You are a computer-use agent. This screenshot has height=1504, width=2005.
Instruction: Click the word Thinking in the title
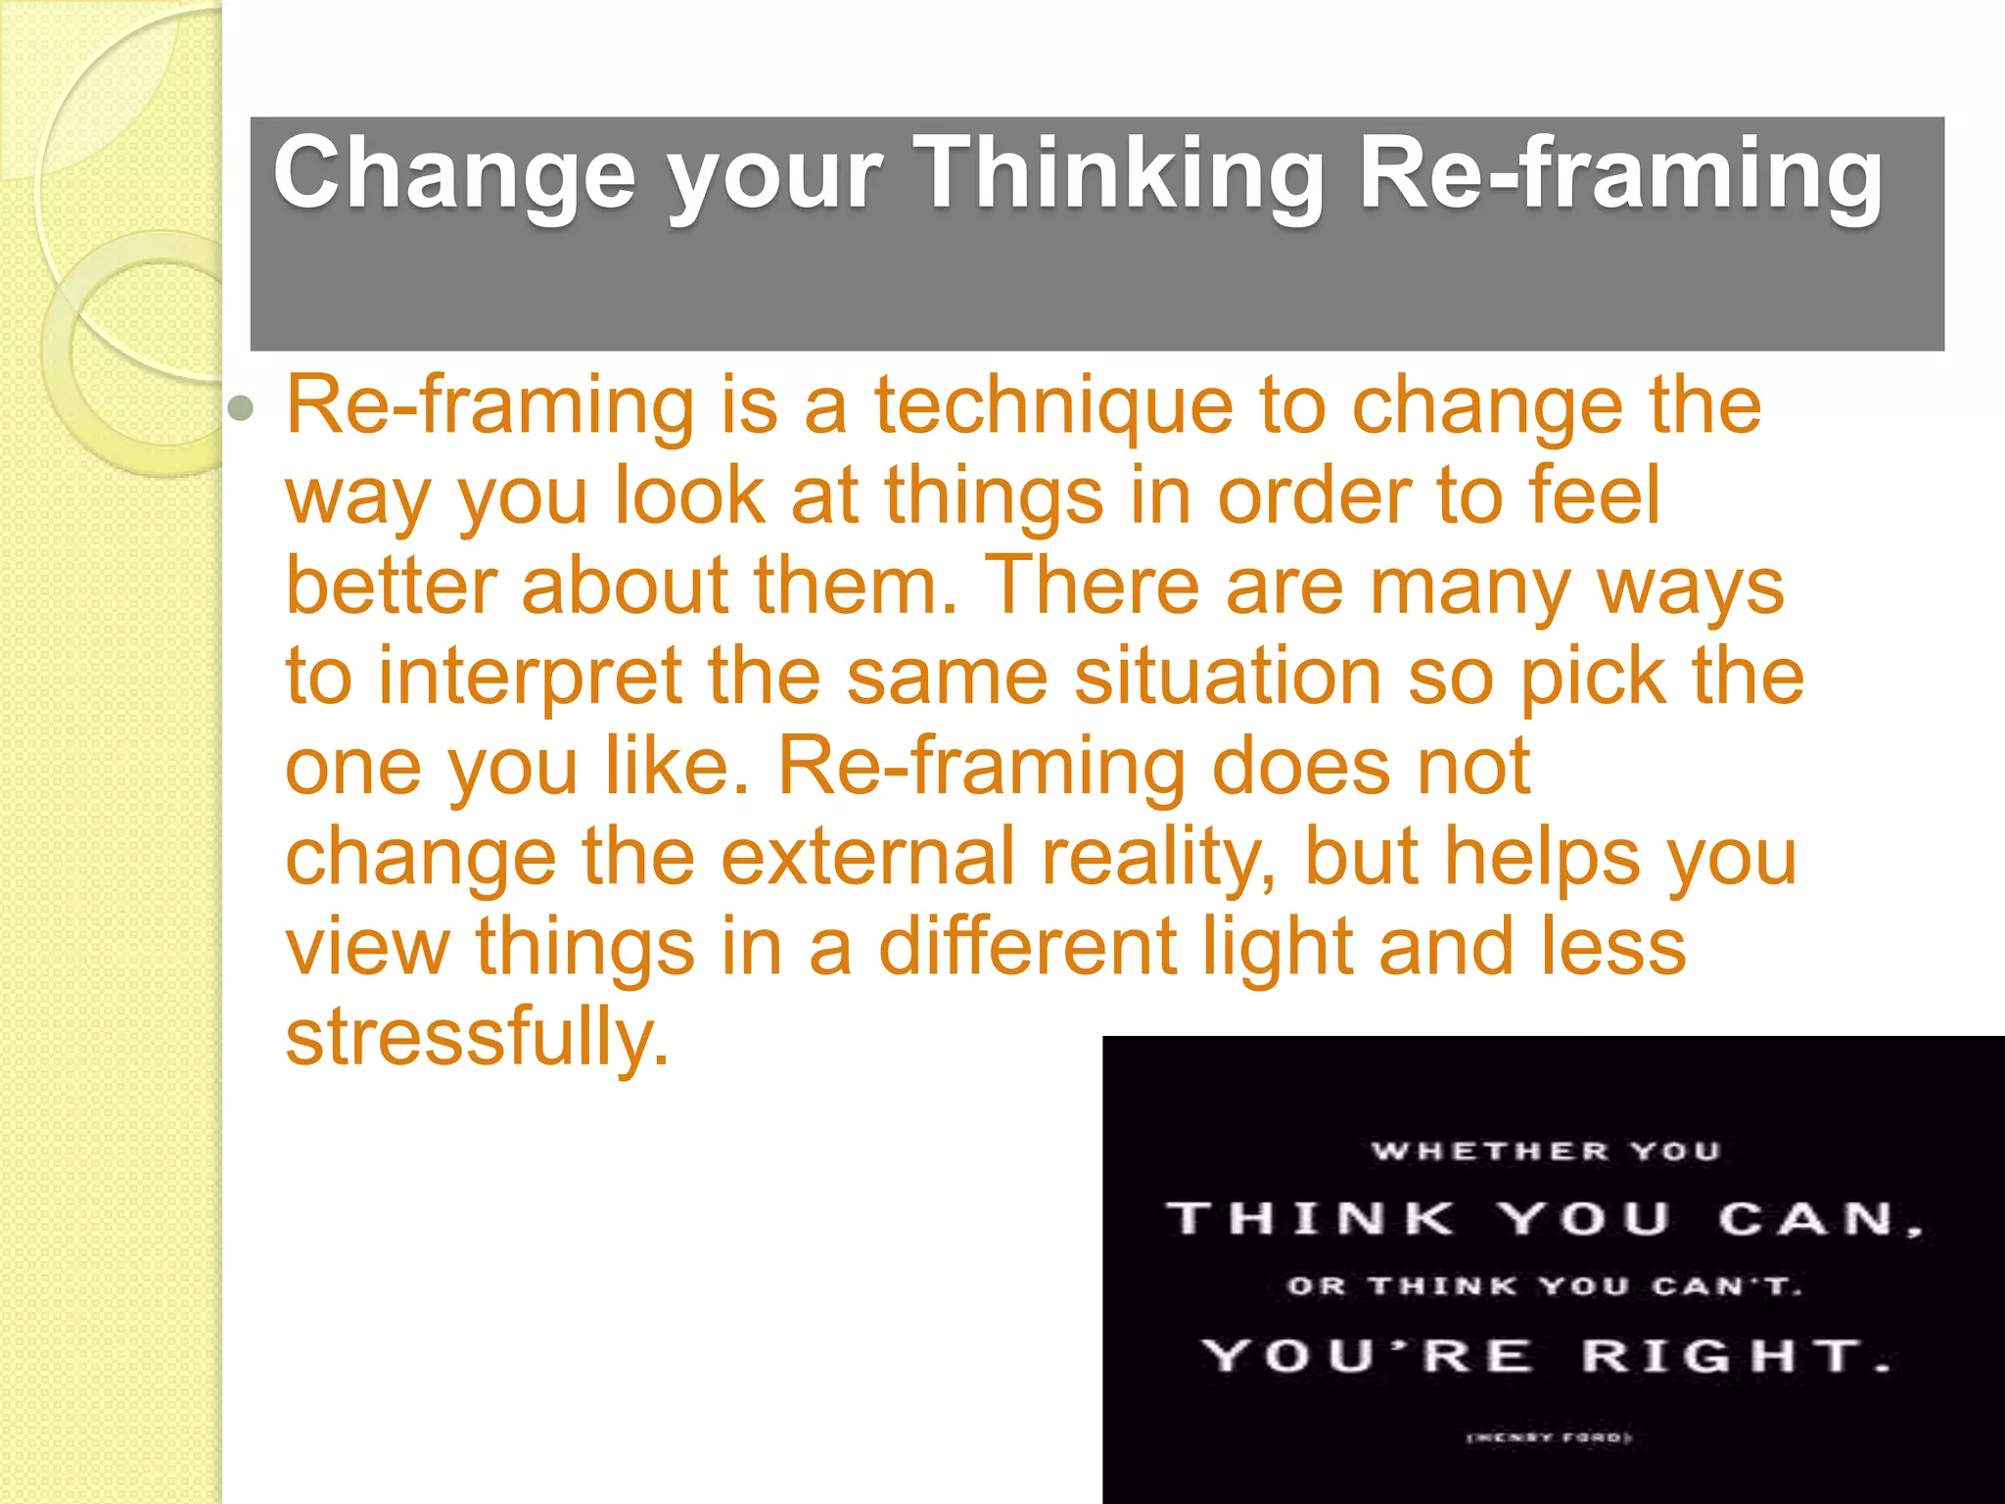click(1122, 174)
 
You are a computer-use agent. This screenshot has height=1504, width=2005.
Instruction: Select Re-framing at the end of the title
click(1619, 174)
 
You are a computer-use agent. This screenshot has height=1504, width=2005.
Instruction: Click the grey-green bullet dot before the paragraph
click(240, 408)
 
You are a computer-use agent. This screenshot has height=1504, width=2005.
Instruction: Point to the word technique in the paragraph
click(1053, 406)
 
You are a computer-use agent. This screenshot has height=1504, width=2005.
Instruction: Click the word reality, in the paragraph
click(1159, 857)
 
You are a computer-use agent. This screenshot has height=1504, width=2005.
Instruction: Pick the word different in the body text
click(1028, 947)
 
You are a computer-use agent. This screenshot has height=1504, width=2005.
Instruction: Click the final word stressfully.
click(478, 1038)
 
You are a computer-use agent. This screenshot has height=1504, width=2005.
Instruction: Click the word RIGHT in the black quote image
click(1723, 1356)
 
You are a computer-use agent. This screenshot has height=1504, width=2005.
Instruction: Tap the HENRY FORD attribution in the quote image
click(1550, 1438)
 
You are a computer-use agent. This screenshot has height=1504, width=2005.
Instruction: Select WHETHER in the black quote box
click(1490, 1151)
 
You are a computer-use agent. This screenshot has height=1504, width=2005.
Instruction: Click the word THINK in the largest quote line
click(1312, 1219)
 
